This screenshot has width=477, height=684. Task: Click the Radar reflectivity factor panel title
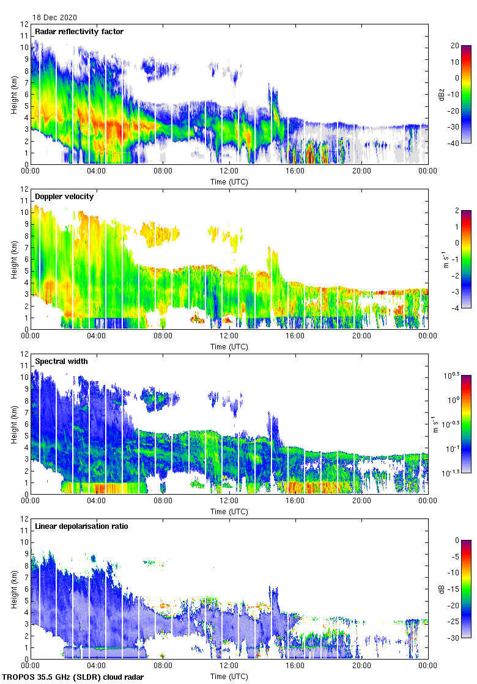79,32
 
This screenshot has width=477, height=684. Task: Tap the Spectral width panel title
61,362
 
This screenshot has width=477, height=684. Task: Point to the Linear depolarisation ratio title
81,526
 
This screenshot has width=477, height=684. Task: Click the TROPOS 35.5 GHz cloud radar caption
73,677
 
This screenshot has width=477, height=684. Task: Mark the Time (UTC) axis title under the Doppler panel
229,347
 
